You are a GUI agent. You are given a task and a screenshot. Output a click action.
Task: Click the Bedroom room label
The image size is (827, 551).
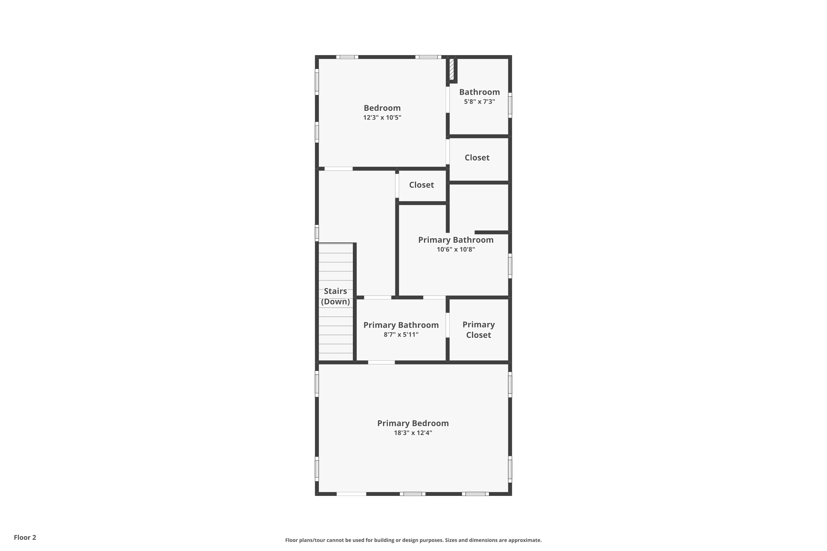point(382,108)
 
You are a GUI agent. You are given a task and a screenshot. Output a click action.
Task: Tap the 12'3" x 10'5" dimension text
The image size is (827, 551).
point(382,117)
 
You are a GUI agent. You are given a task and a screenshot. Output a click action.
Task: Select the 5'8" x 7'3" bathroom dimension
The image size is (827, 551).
point(479,102)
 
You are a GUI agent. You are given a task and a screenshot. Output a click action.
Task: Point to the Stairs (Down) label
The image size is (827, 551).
point(335,296)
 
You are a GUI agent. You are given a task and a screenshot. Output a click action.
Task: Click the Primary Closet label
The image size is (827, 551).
point(478,329)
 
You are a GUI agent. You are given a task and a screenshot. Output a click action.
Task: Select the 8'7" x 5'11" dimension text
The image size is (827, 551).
point(401,334)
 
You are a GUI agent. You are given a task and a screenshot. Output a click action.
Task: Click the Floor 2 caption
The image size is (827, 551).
point(25,537)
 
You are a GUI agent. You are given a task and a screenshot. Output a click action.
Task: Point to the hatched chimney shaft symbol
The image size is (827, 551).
point(452,69)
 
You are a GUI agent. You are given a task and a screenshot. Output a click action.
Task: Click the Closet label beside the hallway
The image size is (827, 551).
point(421,185)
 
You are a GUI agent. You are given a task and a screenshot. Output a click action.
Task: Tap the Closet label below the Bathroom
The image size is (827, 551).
point(477,157)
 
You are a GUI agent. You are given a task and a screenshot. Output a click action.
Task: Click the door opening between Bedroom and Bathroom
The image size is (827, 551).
point(448,100)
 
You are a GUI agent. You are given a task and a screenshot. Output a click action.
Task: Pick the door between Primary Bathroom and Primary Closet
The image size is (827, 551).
point(448,325)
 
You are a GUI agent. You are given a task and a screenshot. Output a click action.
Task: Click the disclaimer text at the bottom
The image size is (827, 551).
point(413,540)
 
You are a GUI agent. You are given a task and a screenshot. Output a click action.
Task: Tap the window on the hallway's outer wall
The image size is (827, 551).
point(317,233)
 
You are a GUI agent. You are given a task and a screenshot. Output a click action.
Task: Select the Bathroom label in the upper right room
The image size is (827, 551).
point(479,92)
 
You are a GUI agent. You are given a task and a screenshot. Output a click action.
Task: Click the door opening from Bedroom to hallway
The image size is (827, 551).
point(338,169)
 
